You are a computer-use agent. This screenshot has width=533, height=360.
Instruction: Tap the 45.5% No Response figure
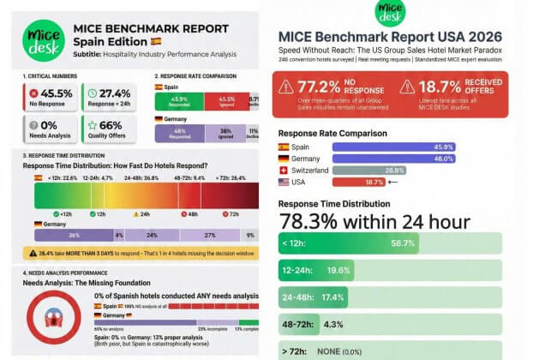[57, 92]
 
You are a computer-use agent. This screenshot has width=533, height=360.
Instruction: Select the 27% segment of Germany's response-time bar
[209, 234]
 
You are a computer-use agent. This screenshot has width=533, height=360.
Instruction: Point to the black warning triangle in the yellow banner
[33, 253]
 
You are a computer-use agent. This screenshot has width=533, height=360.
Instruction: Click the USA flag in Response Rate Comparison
[284, 182]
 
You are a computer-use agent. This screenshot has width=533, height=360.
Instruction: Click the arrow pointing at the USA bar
[416, 182]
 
